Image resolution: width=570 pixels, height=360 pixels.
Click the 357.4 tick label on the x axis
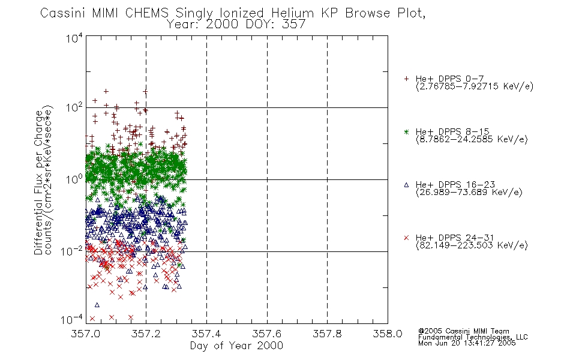(206, 334)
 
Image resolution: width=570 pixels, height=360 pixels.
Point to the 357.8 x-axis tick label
(327, 334)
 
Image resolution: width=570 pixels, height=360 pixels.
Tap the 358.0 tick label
(388, 334)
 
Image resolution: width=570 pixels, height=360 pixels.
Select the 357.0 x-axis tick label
(85, 334)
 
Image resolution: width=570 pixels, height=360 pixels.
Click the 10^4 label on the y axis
(74, 38)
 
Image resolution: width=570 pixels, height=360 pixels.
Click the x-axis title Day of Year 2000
(236, 346)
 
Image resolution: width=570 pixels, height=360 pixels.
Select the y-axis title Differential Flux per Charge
(38, 182)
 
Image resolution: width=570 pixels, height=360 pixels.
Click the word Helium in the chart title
(292, 13)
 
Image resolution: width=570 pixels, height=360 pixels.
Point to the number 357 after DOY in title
(294, 25)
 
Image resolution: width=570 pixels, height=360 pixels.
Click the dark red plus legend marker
(406, 79)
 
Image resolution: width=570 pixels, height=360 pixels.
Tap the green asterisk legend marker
(406, 131)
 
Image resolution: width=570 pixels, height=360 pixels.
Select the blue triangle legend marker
(406, 185)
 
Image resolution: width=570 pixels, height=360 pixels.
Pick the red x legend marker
(406, 238)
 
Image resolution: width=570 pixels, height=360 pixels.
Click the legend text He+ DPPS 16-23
(455, 185)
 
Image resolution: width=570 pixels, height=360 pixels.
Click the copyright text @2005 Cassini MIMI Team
(463, 331)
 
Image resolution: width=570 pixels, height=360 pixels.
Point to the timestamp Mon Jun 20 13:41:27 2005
(467, 343)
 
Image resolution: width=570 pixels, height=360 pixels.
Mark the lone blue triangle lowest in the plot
(97, 305)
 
